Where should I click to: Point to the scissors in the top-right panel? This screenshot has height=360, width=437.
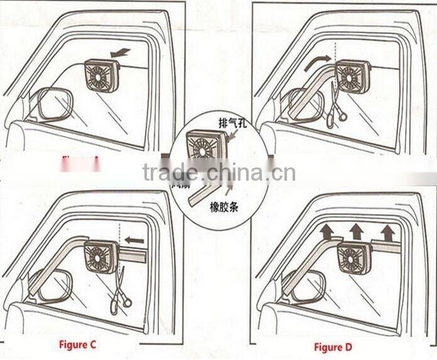335,107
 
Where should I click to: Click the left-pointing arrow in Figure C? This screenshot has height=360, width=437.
134,240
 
